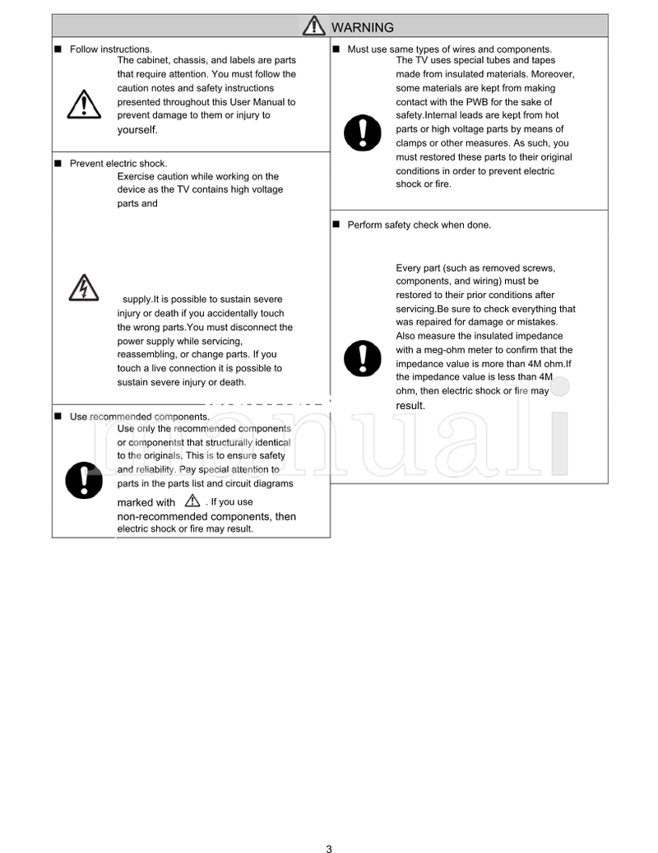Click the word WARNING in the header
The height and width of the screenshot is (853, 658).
pos(362,27)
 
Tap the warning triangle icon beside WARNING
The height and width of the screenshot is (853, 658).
pos(313,26)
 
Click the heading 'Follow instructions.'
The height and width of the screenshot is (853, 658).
pos(110,49)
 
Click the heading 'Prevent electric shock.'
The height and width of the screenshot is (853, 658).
pos(118,163)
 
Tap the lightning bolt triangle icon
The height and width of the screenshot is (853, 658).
pos(84,287)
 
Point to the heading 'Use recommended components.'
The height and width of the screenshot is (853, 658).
pos(139,417)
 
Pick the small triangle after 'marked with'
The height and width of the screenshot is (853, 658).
pos(192,501)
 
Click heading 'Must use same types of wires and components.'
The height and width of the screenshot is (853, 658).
pos(449,49)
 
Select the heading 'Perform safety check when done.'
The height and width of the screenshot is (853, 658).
pos(419,225)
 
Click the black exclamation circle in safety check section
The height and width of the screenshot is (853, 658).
pos(362,357)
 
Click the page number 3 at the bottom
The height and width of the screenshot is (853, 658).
pos(329,848)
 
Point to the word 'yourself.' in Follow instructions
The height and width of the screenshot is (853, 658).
pos(137,129)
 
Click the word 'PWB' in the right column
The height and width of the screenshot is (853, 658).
pos(480,101)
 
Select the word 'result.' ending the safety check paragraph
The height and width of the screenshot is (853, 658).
pos(410,405)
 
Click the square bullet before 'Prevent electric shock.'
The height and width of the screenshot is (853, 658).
pos(58,163)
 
